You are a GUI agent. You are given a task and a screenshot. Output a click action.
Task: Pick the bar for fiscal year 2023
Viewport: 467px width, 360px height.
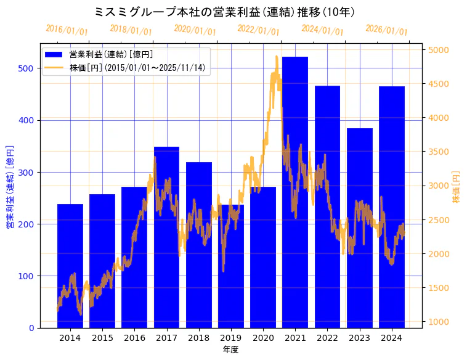(360, 277)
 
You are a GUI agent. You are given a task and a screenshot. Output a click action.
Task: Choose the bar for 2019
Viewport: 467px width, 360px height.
(231, 284)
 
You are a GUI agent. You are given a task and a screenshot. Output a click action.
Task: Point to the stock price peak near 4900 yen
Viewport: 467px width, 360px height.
(277, 57)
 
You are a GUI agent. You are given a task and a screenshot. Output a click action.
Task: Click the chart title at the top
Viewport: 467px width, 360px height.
(225, 12)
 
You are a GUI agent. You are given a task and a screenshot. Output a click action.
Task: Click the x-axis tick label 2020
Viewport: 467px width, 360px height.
(263, 338)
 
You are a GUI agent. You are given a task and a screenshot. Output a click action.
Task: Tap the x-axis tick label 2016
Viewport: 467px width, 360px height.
(134, 338)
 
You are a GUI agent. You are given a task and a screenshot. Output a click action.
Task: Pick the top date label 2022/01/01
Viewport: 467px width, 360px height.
(258, 30)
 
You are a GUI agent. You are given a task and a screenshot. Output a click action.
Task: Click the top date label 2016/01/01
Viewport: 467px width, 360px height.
(67, 30)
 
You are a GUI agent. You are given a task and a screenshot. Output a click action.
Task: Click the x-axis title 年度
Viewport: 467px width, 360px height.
(230, 350)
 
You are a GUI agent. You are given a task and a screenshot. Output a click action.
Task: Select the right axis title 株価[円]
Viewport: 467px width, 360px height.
(457, 187)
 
